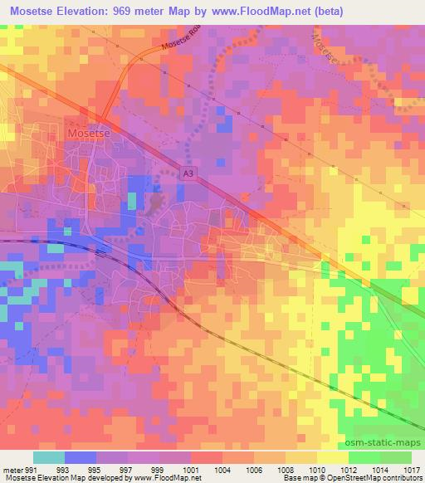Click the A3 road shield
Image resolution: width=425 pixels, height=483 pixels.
pyautogui.click(x=188, y=173)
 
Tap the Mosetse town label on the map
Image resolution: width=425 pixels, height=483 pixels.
pyautogui.click(x=85, y=133)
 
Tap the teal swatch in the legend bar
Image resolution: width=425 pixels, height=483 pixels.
pyautogui.click(x=48, y=457)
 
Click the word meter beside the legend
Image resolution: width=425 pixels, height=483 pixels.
pyautogui.click(x=12, y=468)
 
